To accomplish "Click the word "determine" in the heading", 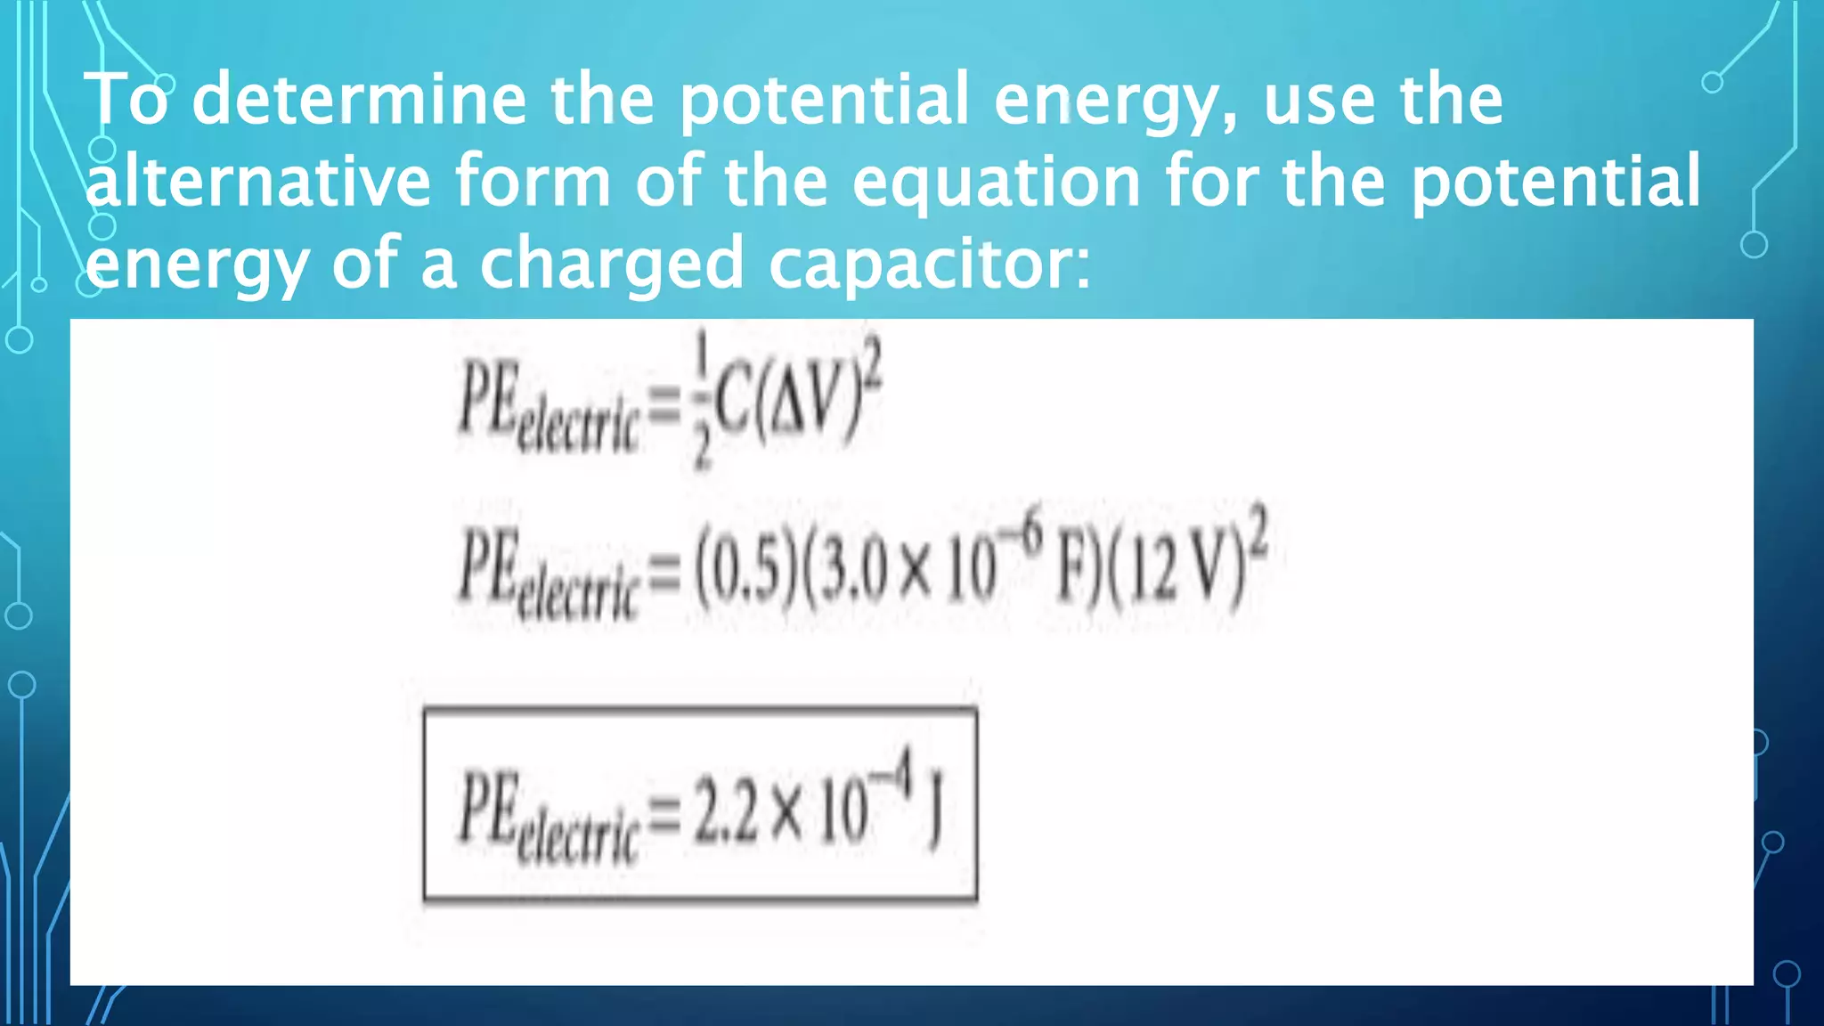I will pyautogui.click(x=359, y=99).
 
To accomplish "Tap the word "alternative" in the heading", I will pyautogui.click(x=258, y=182).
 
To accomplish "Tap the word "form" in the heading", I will pyautogui.click(x=533, y=181).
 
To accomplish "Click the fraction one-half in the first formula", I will pyautogui.click(x=702, y=400).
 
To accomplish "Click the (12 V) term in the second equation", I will pyautogui.click(x=1176, y=574).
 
